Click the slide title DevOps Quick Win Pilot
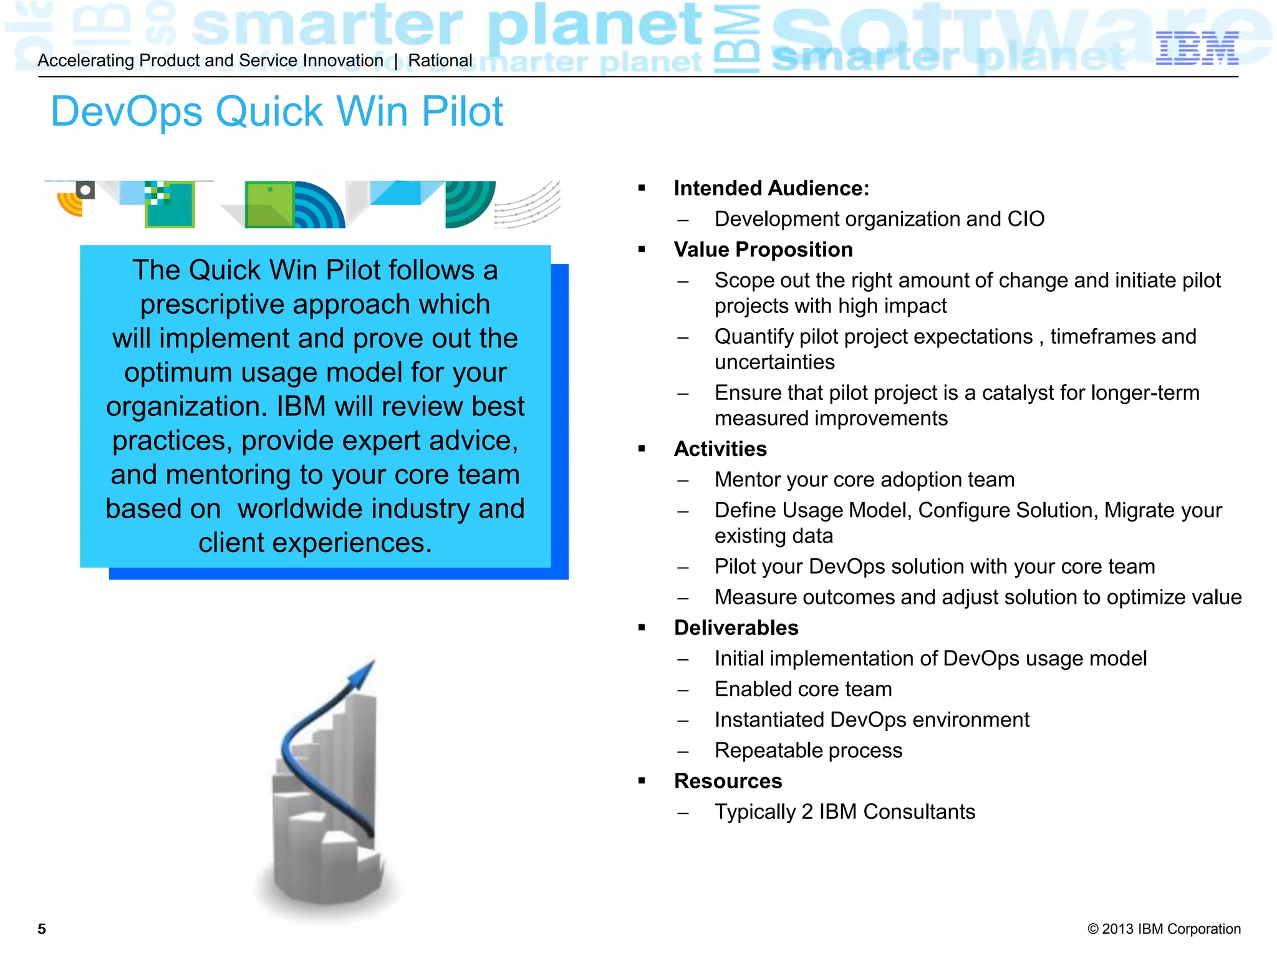pyautogui.click(x=277, y=112)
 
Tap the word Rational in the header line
pyautogui.click(x=440, y=60)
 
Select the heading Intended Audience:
pyautogui.click(x=771, y=188)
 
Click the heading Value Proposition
pyautogui.click(x=763, y=249)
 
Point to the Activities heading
pyautogui.click(x=720, y=449)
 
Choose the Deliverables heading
pyautogui.click(x=736, y=628)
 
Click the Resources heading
pyautogui.click(x=728, y=781)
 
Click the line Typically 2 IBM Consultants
pyautogui.click(x=844, y=812)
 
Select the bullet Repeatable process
pyautogui.click(x=808, y=750)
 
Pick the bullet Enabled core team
pyautogui.click(x=803, y=689)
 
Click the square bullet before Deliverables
pyautogui.click(x=642, y=627)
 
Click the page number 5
pyautogui.click(x=42, y=929)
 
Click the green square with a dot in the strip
pyautogui.click(x=269, y=204)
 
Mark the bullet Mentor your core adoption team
pyautogui.click(x=864, y=480)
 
